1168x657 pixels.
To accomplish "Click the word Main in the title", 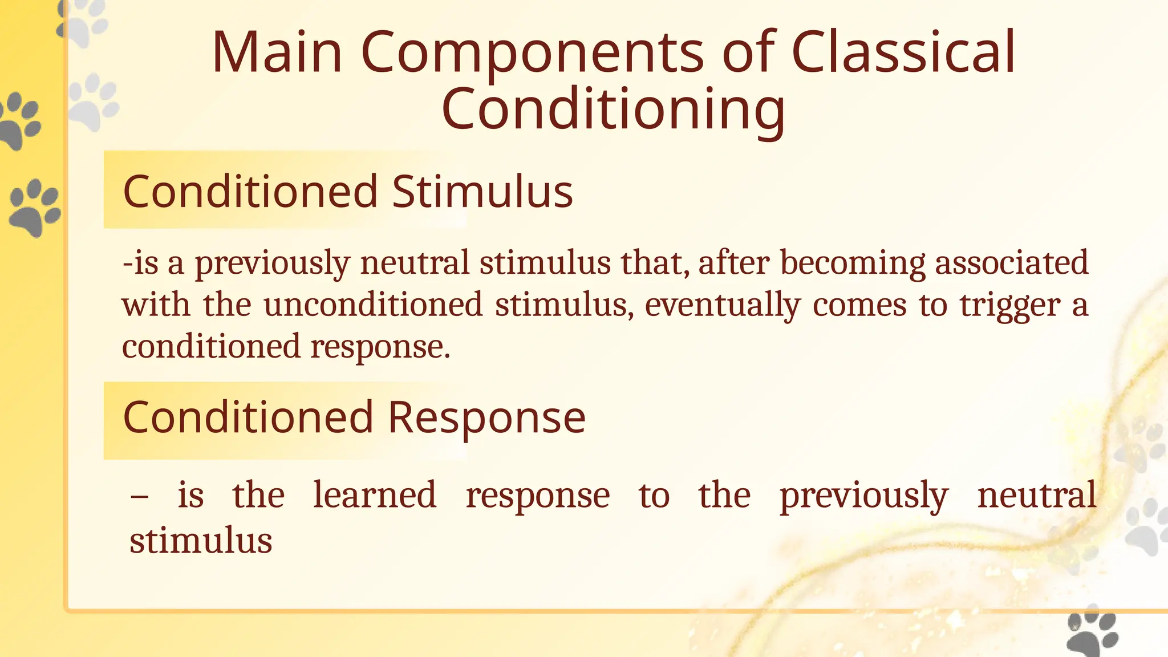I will pyautogui.click(x=277, y=52).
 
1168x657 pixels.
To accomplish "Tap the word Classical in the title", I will pyautogui.click(x=903, y=52).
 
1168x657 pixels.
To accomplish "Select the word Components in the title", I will pyautogui.click(x=533, y=52).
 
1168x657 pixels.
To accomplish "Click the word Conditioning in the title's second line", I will pyautogui.click(x=613, y=109).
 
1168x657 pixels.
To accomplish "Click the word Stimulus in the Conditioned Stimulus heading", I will pyautogui.click(x=482, y=192).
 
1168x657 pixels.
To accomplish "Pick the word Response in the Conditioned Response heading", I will pyautogui.click(x=486, y=417).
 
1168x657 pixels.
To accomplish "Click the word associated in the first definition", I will pyautogui.click(x=1012, y=263).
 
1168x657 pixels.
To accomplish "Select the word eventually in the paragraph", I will pyautogui.click(x=723, y=305).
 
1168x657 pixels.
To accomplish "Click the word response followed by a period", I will pyautogui.click(x=380, y=347).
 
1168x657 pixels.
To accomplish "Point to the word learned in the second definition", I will pyautogui.click(x=375, y=495).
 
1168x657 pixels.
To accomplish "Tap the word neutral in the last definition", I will pyautogui.click(x=1036, y=495).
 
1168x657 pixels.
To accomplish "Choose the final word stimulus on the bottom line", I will pyautogui.click(x=201, y=541).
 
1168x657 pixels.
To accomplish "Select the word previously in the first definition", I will pyautogui.click(x=272, y=263).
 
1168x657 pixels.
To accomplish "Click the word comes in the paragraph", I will pyautogui.click(x=859, y=305).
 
